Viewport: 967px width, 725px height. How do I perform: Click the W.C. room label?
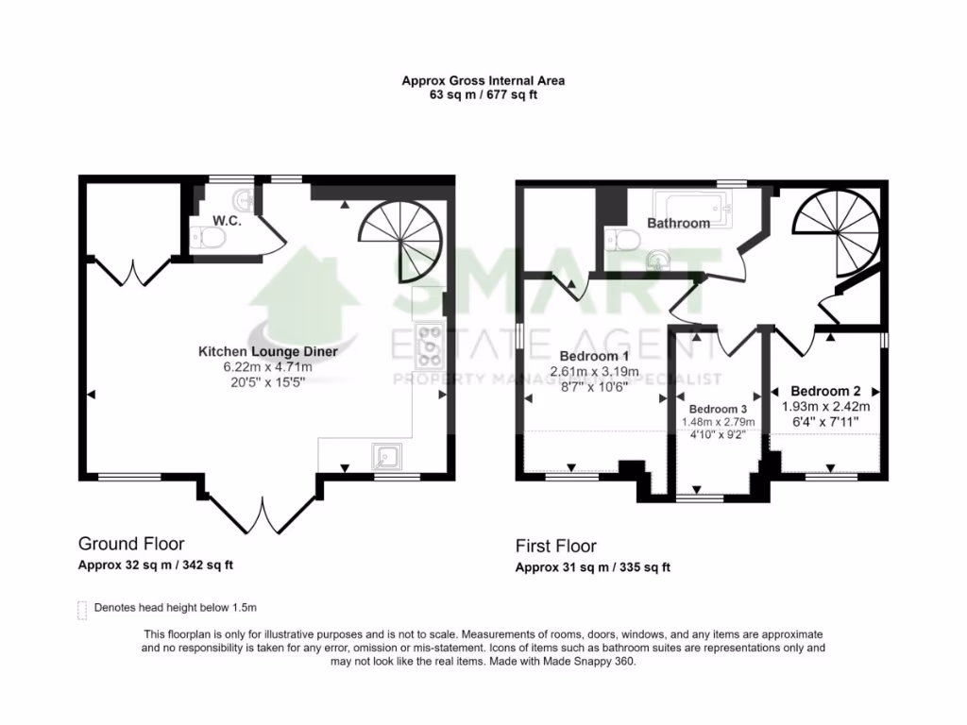click(227, 221)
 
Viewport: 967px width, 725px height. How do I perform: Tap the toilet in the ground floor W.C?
click(207, 241)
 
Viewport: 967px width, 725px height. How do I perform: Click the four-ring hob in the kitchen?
click(431, 345)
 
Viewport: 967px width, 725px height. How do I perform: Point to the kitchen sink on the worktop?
click(388, 457)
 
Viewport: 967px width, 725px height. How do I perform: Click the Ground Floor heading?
click(130, 544)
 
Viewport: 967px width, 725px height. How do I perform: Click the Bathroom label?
click(678, 224)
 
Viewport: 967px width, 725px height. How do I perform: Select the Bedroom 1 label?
click(594, 356)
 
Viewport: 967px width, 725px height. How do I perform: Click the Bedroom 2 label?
click(825, 391)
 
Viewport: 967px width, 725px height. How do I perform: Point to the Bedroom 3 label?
click(720, 408)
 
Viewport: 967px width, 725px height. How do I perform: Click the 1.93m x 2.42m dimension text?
click(825, 406)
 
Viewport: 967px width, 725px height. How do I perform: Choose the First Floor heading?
click(555, 546)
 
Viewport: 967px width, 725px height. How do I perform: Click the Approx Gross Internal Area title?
click(483, 81)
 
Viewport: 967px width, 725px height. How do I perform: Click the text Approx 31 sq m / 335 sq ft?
click(592, 567)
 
